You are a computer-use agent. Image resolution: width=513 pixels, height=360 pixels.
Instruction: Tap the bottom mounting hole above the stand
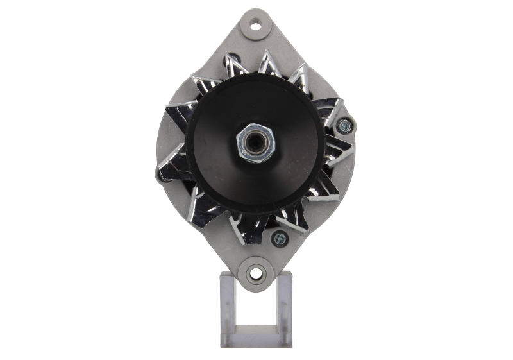click(256, 275)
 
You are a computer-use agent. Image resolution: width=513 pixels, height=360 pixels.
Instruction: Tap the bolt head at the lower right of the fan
click(280, 239)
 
